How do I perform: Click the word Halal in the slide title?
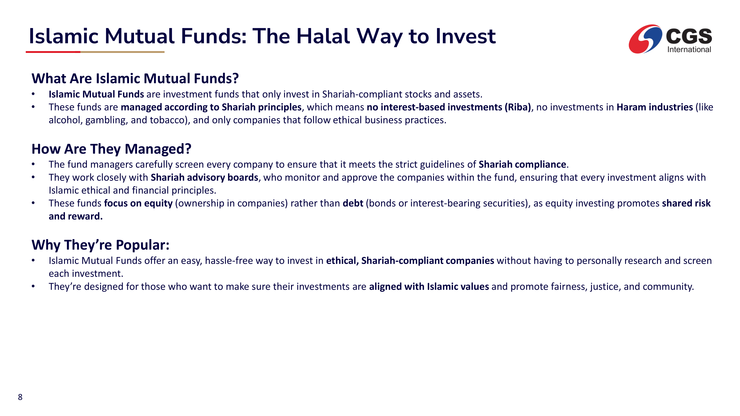click(x=323, y=36)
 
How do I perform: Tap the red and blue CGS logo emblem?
click(x=645, y=39)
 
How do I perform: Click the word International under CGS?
click(x=689, y=49)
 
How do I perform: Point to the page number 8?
click(x=20, y=397)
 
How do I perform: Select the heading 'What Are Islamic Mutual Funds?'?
click(x=135, y=78)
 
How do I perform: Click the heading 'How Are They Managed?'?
click(x=112, y=149)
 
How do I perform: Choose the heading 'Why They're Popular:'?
click(x=100, y=245)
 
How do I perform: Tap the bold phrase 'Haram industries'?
click(x=655, y=107)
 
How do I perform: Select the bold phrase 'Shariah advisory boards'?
click(x=204, y=177)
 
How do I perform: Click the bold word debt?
click(x=353, y=203)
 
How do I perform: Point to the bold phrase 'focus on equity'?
click(x=138, y=203)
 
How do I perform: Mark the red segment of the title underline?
click(x=53, y=52)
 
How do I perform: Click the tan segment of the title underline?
click(x=122, y=52)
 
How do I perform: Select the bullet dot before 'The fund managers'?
click(x=33, y=164)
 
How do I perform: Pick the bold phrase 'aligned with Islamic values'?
click(x=429, y=286)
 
